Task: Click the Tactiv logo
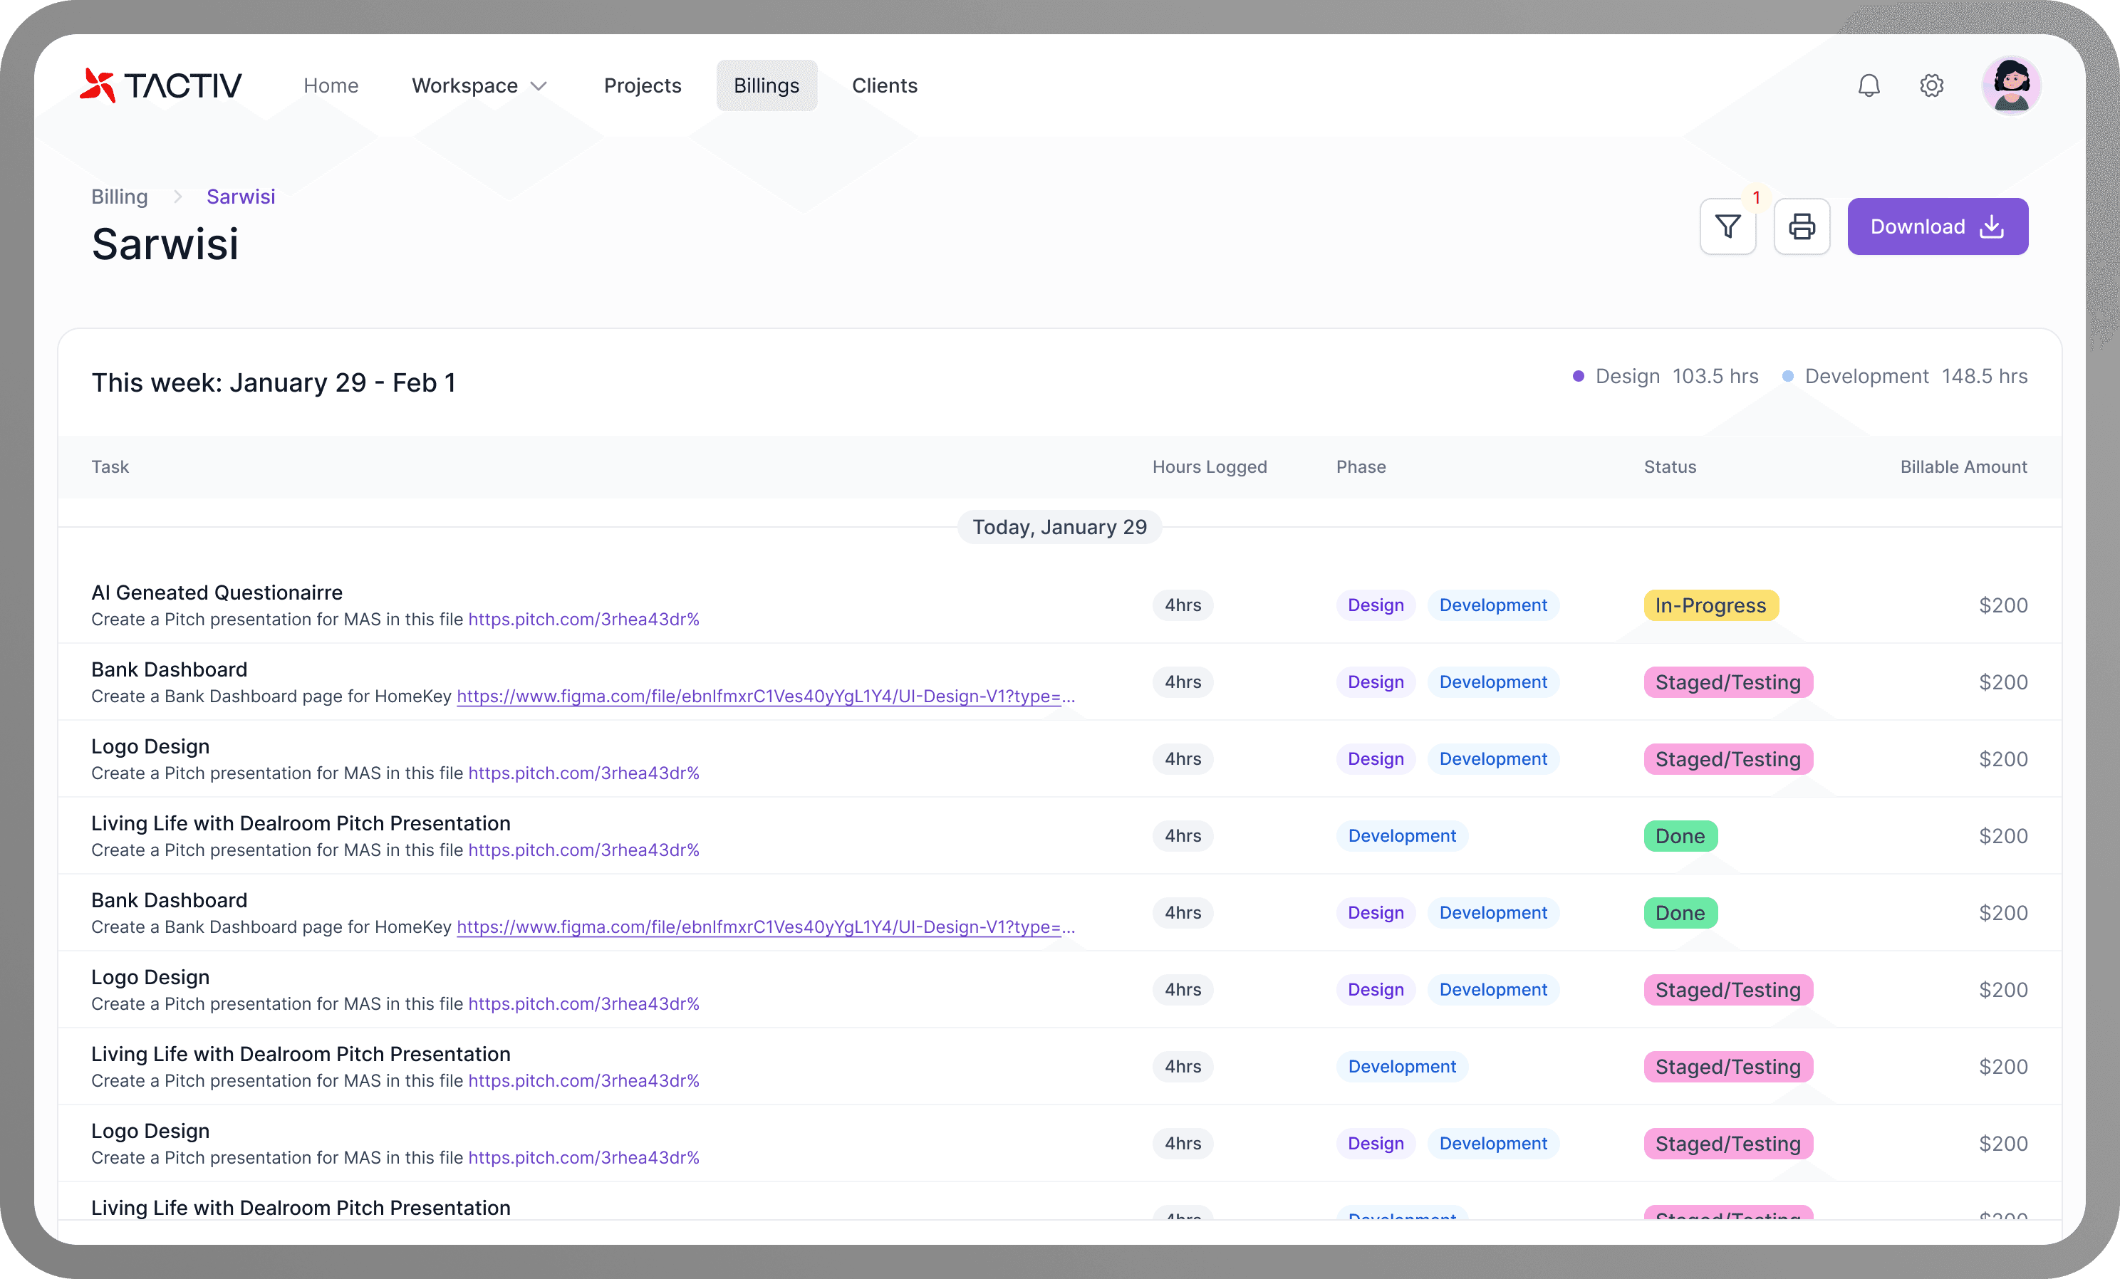161,85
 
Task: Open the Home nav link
331,85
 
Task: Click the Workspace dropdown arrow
539,86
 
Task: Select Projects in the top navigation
643,85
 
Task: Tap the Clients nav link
885,85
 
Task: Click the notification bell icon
1869,85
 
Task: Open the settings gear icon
1931,85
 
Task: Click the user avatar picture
2012,85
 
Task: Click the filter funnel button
1727,226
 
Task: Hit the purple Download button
1938,226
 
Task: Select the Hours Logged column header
1210,466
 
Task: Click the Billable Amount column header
1963,466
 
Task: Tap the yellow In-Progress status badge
1710,605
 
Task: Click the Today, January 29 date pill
1059,526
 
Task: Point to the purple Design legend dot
1578,376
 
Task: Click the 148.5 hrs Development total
1984,376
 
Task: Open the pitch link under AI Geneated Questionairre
583,620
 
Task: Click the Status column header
1670,466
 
